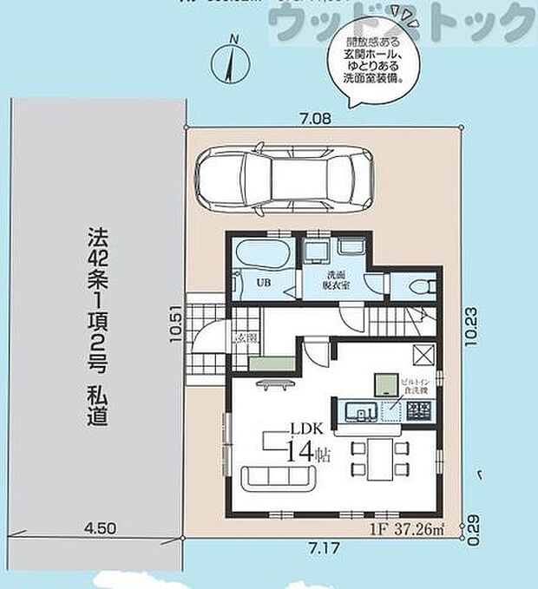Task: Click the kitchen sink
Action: (357, 410)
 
